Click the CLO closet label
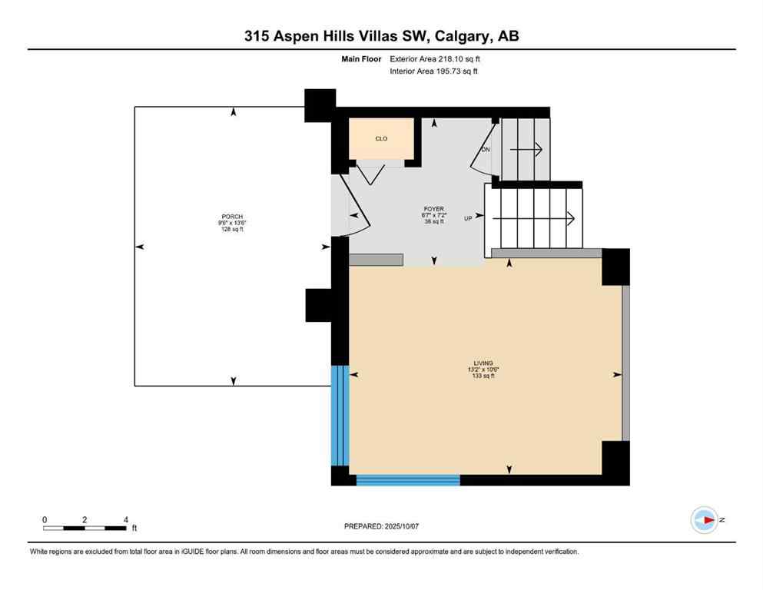381,139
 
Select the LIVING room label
483,363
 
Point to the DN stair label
485,149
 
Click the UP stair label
469,218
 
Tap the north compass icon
704,520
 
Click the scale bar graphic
85,528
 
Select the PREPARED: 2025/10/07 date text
381,526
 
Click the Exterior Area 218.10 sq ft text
436,58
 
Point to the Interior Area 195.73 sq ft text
435,71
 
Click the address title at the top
381,36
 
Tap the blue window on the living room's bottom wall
408,480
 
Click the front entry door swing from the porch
354,211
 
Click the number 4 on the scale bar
125,519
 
